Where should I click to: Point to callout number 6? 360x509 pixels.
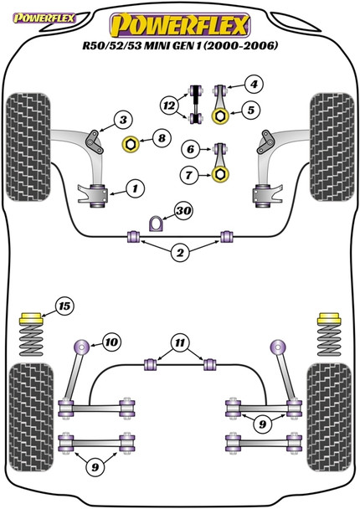pyautogui.click(x=192, y=150)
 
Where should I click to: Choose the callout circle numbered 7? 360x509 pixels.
pyautogui.click(x=192, y=174)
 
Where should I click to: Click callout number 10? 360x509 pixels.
pyautogui.click(x=110, y=342)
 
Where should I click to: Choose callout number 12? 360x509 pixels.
pyautogui.click(x=170, y=105)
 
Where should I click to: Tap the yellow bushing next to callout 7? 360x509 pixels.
pyautogui.click(x=221, y=174)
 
